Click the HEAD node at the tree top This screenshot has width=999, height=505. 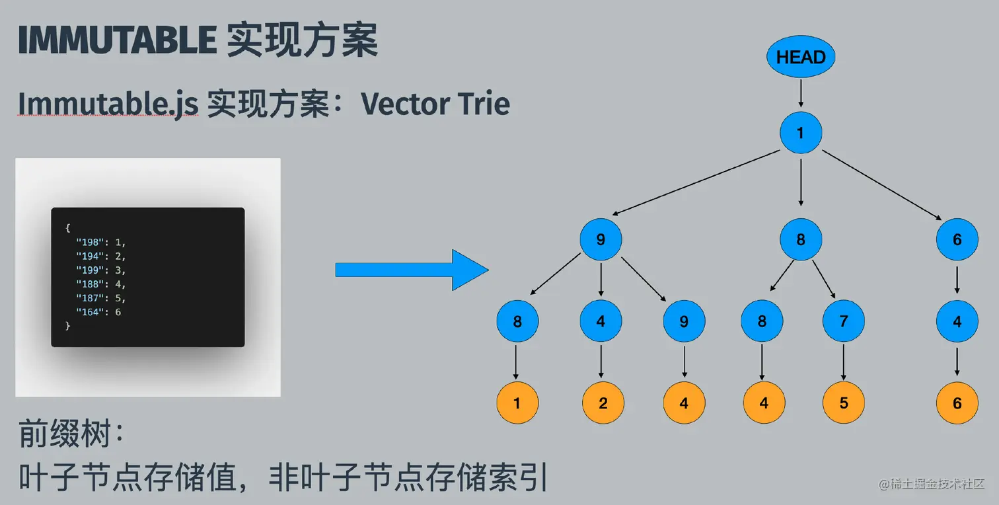click(x=801, y=58)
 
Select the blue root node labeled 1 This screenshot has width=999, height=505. click(x=801, y=133)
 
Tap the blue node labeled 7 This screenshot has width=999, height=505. click(x=844, y=321)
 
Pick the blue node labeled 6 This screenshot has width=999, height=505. click(x=957, y=239)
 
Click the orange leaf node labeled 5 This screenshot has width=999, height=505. click(x=844, y=403)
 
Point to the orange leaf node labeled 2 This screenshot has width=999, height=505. click(x=603, y=403)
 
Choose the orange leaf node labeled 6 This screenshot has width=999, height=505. click(x=957, y=403)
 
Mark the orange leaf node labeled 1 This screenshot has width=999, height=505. click(x=517, y=403)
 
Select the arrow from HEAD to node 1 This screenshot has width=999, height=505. click(x=801, y=95)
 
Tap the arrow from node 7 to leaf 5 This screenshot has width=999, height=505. click(x=844, y=362)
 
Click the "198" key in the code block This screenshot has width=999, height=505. click(x=89, y=243)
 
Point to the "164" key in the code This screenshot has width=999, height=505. click(x=89, y=311)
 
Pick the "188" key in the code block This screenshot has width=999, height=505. click(x=89, y=284)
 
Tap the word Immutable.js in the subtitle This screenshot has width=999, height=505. click(x=108, y=104)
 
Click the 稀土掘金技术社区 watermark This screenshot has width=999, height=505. click(x=932, y=485)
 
